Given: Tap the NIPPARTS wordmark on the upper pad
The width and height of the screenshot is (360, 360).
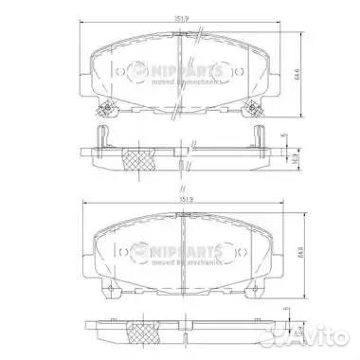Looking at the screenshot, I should (186, 70).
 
